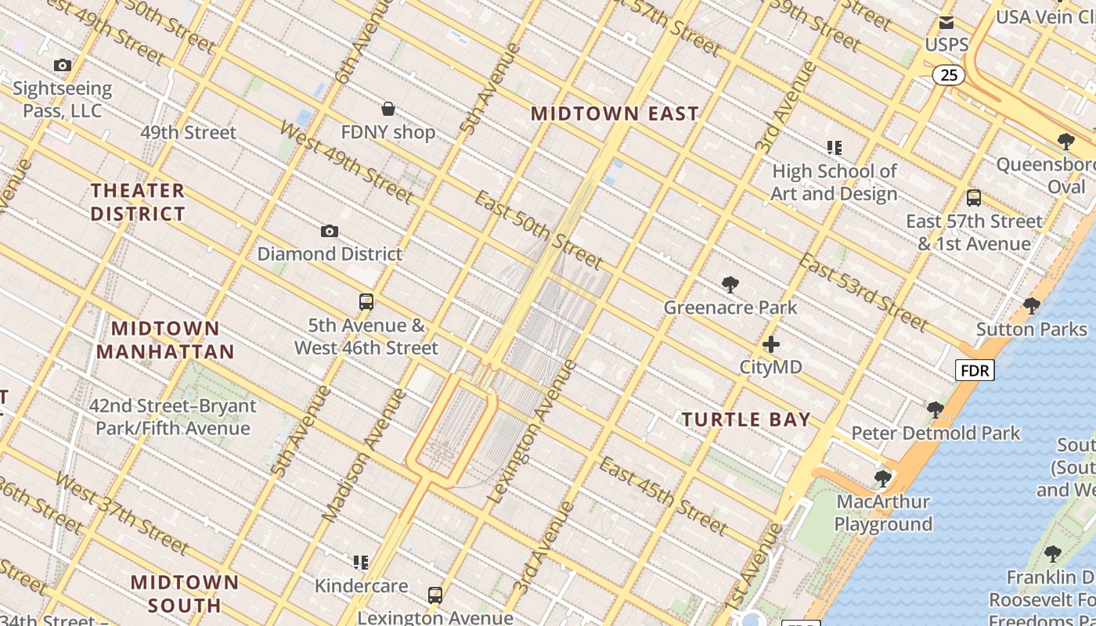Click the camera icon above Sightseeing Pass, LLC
tap(63, 66)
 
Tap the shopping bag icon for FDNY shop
tap(388, 109)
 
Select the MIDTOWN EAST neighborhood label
tap(615, 113)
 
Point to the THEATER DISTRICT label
tap(138, 202)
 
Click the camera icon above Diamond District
tap(330, 231)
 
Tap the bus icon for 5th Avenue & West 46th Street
tap(366, 302)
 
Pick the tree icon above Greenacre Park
tap(730, 284)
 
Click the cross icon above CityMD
tap(771, 344)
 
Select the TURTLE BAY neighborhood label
tap(745, 419)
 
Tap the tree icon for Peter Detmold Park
tap(935, 409)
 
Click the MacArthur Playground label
tap(883, 513)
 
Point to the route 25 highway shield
tap(948, 75)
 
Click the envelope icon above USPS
tap(946, 23)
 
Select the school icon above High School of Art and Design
tap(834, 147)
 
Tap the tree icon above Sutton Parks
tap(1031, 305)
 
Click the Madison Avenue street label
tap(365, 455)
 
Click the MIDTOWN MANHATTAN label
tap(165, 340)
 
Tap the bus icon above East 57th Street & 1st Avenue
tap(974, 198)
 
